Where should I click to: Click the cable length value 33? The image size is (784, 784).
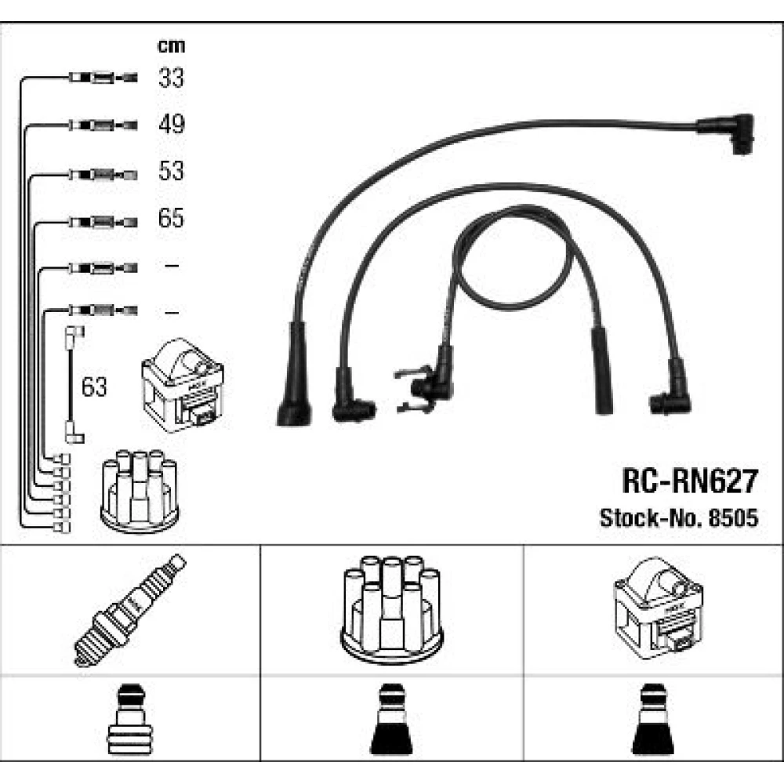click(x=171, y=78)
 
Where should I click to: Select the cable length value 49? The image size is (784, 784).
click(x=172, y=124)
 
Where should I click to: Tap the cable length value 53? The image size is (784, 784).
click(x=171, y=171)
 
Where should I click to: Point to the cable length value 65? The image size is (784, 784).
click(x=171, y=218)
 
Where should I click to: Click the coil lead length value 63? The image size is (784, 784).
click(x=94, y=387)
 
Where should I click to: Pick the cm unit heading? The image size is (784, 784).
click(x=171, y=46)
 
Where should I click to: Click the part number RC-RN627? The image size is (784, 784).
click(x=690, y=481)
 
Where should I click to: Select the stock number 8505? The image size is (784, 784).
click(x=734, y=518)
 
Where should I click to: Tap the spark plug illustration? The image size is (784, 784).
click(x=129, y=611)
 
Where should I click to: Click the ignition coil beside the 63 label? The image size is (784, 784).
click(x=183, y=384)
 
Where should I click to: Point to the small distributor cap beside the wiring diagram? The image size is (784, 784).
click(x=140, y=492)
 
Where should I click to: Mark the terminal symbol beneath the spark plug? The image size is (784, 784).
click(x=129, y=720)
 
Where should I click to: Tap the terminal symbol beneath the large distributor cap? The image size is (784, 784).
click(x=391, y=720)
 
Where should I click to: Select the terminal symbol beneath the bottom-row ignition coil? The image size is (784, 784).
click(x=653, y=720)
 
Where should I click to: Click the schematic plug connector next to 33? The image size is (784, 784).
click(x=103, y=78)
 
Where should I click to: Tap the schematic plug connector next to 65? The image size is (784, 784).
click(x=103, y=222)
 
